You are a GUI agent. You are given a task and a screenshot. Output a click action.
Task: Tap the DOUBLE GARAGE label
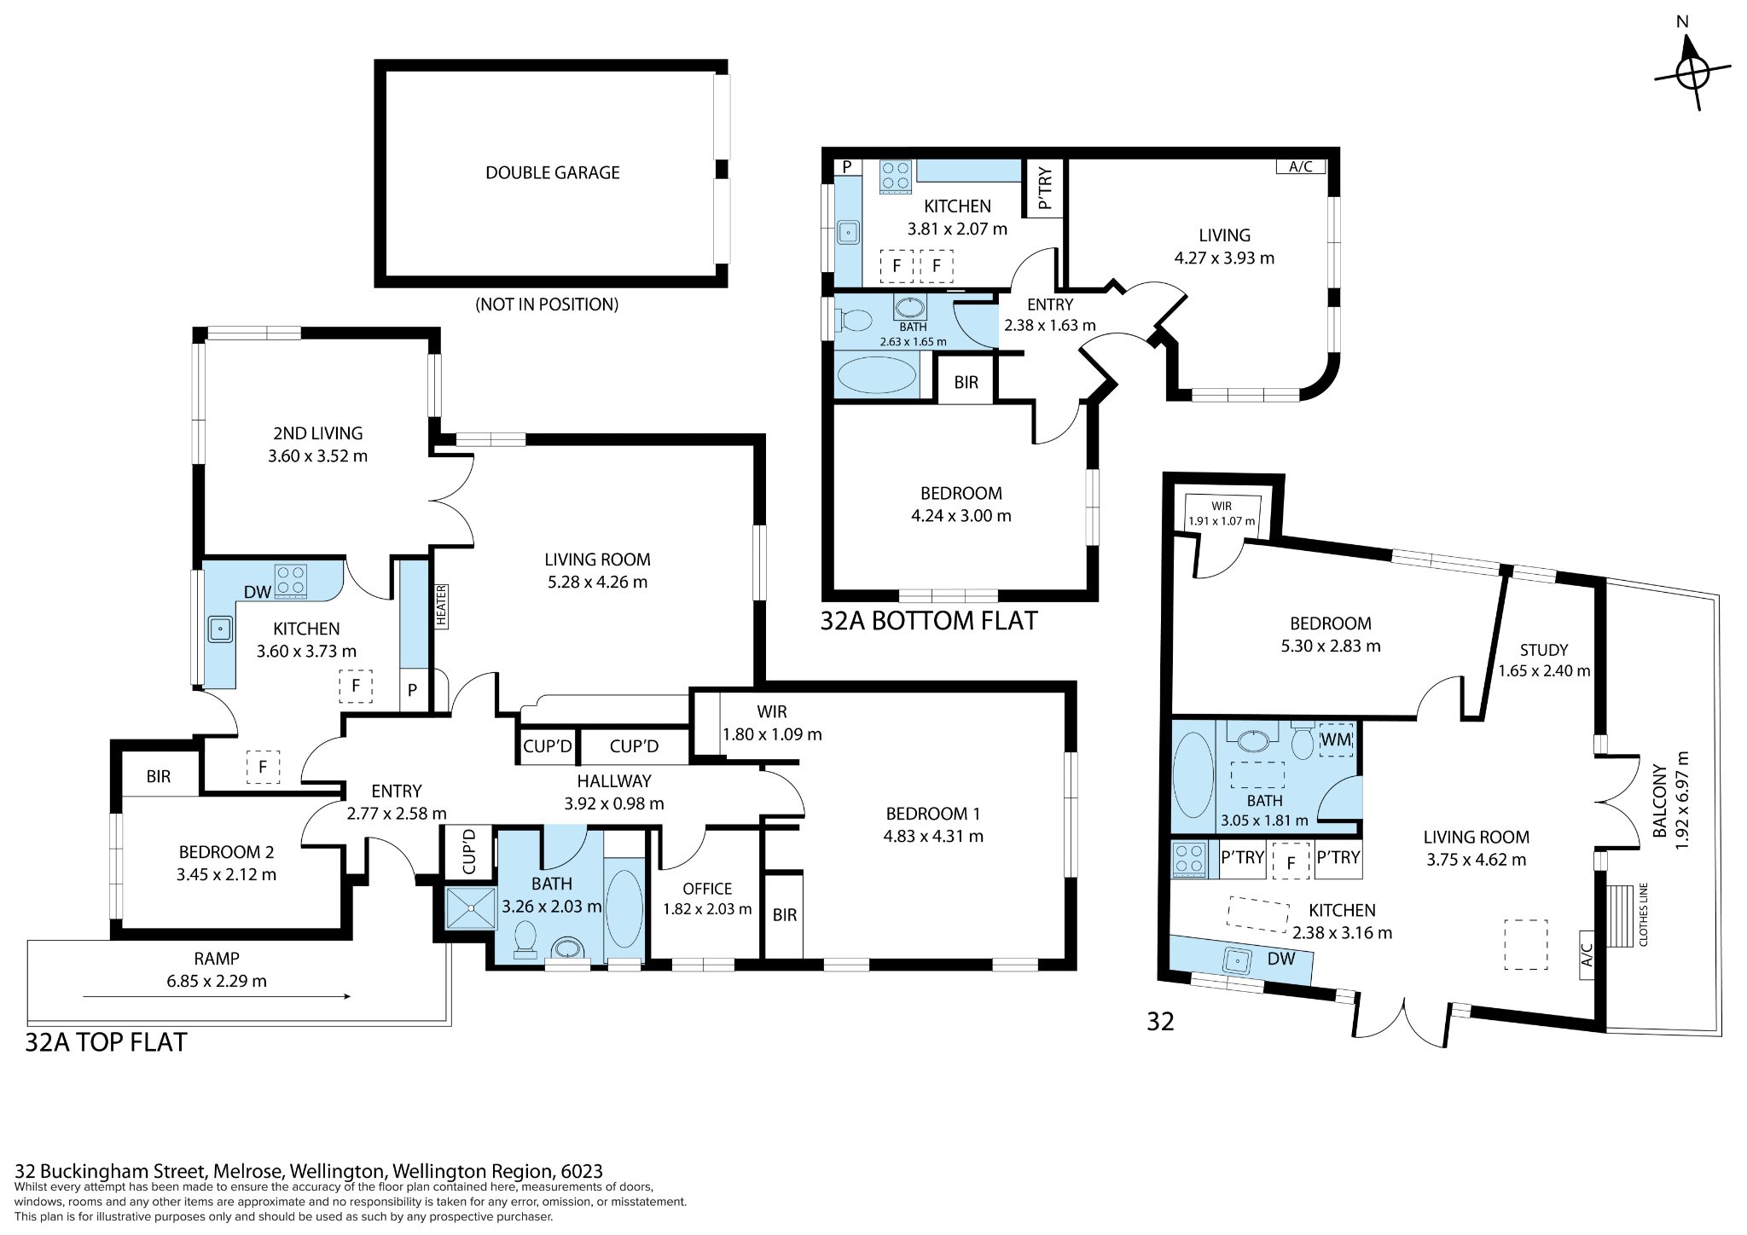(553, 172)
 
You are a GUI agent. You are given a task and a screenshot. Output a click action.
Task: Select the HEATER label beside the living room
(441, 606)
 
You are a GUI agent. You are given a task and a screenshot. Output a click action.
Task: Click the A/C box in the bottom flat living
(1300, 167)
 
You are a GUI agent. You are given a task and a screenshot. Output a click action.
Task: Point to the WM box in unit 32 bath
(1336, 739)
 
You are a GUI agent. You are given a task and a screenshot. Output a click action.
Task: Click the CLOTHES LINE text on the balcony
(1643, 913)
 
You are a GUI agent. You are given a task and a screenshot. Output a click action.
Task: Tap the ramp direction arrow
(217, 995)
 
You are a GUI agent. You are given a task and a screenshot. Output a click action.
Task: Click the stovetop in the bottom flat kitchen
(896, 176)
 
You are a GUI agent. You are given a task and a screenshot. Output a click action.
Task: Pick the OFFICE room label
(707, 889)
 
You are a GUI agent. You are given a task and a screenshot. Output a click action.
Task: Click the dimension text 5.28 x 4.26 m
(597, 583)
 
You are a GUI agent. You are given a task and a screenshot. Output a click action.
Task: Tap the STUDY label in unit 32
(1544, 650)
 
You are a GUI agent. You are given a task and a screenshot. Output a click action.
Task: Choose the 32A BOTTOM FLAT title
(929, 620)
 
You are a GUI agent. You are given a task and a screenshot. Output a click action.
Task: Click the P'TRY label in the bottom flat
(1045, 188)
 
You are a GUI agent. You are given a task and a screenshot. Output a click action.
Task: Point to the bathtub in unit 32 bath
(1193, 776)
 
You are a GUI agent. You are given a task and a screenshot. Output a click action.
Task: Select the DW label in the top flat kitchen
(257, 592)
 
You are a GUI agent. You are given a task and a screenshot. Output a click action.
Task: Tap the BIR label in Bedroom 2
(159, 776)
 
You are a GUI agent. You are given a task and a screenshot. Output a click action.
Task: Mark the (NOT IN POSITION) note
(547, 304)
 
